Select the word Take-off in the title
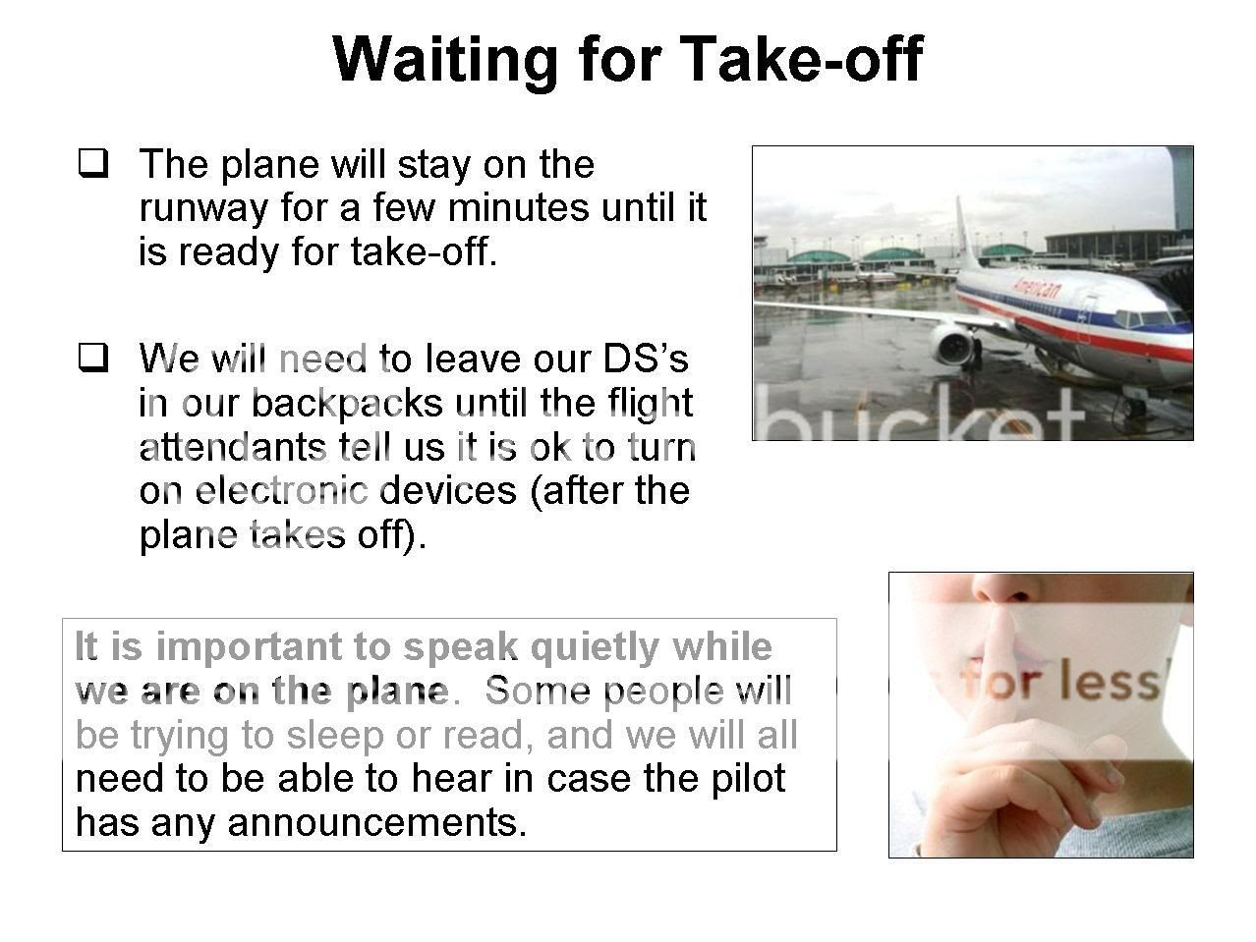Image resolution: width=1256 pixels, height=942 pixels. tap(801, 58)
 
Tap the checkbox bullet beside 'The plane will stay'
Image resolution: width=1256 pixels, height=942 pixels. tap(92, 164)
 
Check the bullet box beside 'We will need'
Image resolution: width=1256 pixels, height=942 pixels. tap(92, 359)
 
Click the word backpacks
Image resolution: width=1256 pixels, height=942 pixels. tap(347, 404)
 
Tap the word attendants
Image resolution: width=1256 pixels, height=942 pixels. tap(232, 447)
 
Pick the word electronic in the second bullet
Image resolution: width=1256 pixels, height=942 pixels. tap(281, 491)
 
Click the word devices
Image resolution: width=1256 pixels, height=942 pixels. tap(448, 491)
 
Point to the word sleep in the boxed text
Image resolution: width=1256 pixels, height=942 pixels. tap(335, 737)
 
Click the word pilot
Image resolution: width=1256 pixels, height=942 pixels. tap(749, 779)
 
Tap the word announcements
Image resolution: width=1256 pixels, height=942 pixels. tap(377, 823)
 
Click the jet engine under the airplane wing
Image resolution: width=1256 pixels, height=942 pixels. tap(953, 345)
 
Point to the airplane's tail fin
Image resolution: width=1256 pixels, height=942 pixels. tap(968, 234)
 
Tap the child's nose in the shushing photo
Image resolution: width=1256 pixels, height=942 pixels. tap(1004, 589)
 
